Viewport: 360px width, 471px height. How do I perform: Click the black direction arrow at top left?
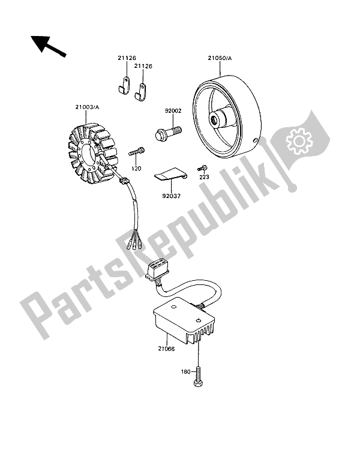click(47, 46)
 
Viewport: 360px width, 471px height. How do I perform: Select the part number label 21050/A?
click(221, 59)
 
